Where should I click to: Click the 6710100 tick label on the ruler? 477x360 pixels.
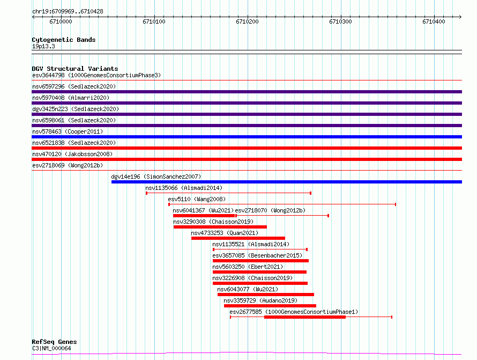tap(154, 21)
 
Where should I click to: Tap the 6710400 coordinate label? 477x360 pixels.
tap(434, 21)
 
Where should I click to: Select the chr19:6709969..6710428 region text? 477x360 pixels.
tap(68, 12)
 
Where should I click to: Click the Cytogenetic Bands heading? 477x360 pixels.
tap(64, 40)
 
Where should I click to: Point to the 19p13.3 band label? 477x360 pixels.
tap(43, 46)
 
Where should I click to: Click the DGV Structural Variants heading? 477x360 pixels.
tap(75, 69)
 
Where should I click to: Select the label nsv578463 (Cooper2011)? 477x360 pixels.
tap(68, 131)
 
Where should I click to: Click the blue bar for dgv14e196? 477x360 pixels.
tap(287, 182)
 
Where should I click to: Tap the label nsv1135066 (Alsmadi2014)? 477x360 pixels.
tap(184, 188)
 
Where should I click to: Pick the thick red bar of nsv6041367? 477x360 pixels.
tap(204, 216)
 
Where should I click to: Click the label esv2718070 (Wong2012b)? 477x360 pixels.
tap(270, 210)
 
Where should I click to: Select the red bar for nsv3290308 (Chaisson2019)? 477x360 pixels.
tap(220, 227)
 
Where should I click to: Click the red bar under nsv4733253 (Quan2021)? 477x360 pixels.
tap(238, 238)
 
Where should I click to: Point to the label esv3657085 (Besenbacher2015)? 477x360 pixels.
tap(257, 255)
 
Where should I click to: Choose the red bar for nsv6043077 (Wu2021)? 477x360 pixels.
tap(266, 295)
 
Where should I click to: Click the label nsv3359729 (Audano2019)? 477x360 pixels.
tap(260, 300)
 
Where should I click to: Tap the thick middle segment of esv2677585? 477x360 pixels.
tap(305, 317)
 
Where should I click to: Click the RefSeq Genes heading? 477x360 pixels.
tap(54, 342)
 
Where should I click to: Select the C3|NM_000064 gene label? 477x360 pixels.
tap(51, 348)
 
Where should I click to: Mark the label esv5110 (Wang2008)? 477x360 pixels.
tap(197, 199)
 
